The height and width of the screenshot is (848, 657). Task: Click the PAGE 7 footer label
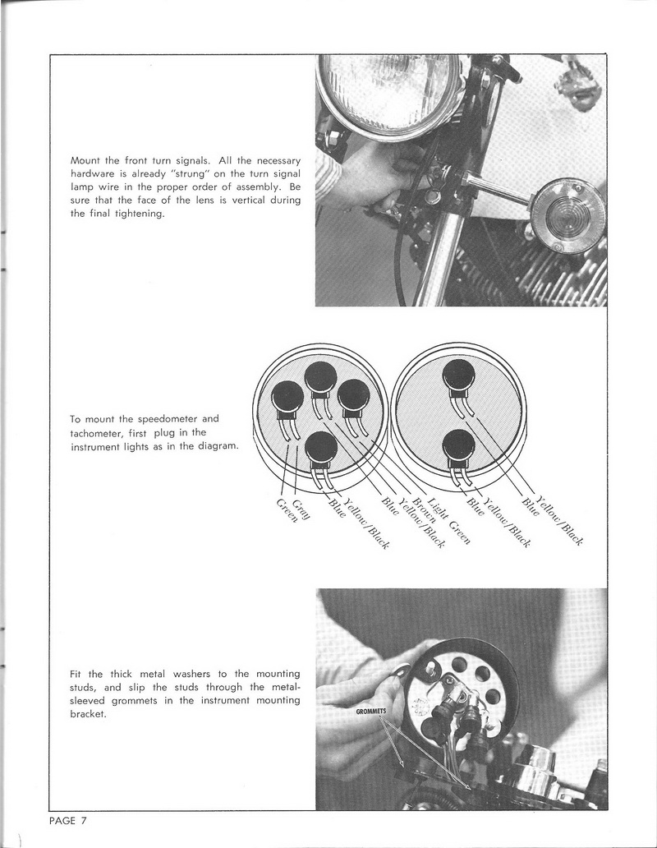click(x=67, y=820)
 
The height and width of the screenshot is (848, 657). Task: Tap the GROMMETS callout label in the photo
click(x=370, y=711)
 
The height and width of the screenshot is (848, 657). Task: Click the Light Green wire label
click(x=449, y=519)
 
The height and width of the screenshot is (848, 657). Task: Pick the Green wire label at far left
click(x=287, y=510)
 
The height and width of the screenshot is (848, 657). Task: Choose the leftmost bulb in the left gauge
click(x=287, y=398)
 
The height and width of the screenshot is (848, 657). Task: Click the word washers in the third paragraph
click(x=191, y=674)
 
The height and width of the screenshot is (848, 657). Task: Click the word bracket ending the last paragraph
click(x=88, y=713)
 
